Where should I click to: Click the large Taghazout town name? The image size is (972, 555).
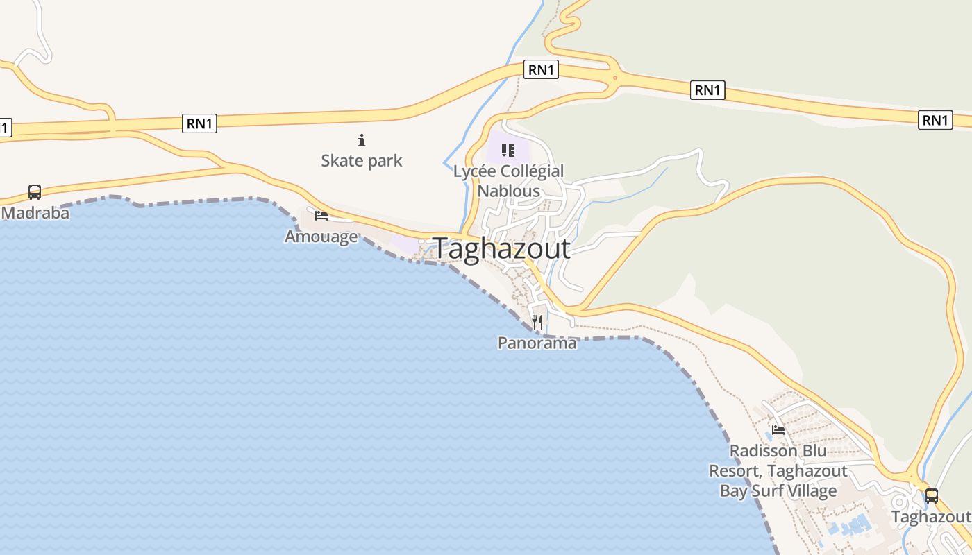[501, 248]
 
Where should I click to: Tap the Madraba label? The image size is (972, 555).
[35, 213]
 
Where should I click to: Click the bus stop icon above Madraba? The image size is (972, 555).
[34, 191]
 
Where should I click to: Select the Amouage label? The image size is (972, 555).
[321, 237]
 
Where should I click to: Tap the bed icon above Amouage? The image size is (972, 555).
[321, 215]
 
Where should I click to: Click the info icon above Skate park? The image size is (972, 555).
[361, 141]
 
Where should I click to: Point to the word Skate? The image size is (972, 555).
[340, 161]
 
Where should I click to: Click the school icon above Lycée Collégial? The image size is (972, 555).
[508, 150]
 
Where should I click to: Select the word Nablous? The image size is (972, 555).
[508, 191]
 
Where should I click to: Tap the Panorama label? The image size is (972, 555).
[537, 343]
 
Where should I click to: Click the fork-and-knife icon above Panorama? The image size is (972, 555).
[537, 322]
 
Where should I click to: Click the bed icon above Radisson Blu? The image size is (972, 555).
[778, 430]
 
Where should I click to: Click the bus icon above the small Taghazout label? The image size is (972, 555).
[931, 495]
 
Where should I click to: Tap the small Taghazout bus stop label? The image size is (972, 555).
[930, 517]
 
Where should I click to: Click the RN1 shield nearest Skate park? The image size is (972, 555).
[200, 123]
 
